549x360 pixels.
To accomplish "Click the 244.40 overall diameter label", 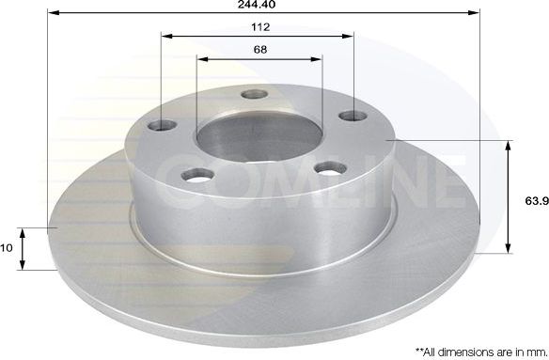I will [259, 5].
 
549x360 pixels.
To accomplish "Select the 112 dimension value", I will [258, 27].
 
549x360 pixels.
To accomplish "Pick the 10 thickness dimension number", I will [8, 248].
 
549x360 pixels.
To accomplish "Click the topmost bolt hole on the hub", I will [252, 94].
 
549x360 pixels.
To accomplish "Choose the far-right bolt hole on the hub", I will [352, 117].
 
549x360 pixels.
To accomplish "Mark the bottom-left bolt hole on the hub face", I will [197, 175].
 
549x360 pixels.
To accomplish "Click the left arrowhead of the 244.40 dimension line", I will [52, 12].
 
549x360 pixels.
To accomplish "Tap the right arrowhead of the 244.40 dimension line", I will [466, 12].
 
